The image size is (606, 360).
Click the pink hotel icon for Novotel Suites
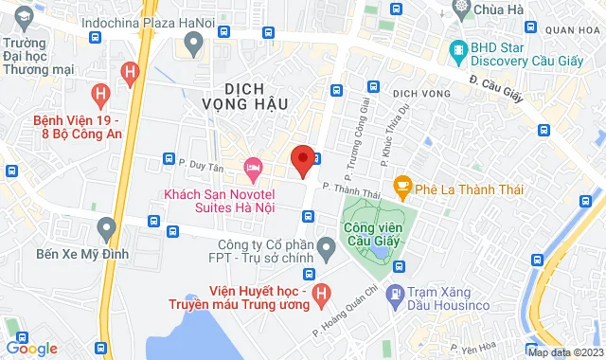tap(252, 169)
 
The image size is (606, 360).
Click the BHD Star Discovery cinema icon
tap(459, 48)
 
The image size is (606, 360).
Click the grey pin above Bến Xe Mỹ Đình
tap(106, 228)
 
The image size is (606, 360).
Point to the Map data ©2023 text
tap(563, 352)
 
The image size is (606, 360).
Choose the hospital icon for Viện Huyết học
tap(321, 294)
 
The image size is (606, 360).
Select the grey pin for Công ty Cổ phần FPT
tap(328, 251)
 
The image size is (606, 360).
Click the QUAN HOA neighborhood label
tap(573, 30)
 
